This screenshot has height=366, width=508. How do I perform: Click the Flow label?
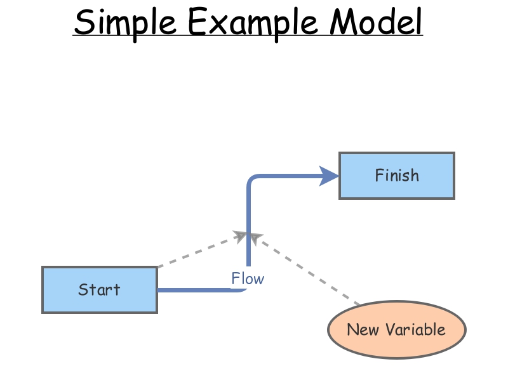[x=248, y=278]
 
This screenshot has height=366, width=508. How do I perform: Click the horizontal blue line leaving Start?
[x=197, y=290]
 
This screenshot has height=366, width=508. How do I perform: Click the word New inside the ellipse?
[x=363, y=329]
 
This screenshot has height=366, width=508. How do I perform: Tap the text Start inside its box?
[x=99, y=290]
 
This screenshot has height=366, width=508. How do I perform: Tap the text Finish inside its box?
[x=397, y=175]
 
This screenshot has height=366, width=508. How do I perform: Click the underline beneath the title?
[x=248, y=36]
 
